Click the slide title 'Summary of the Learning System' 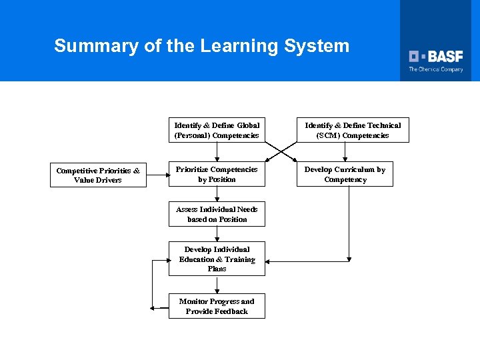click(x=201, y=46)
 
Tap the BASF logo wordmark click(x=436, y=57)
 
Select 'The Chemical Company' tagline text click(x=435, y=69)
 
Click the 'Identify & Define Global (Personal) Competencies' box click(x=217, y=130)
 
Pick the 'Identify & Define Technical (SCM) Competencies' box click(x=353, y=130)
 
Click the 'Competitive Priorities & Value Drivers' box click(x=98, y=175)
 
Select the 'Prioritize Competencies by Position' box click(x=217, y=174)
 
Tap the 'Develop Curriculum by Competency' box click(x=345, y=174)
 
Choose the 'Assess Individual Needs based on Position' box click(x=217, y=214)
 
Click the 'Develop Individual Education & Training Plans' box click(x=217, y=259)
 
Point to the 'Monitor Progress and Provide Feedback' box click(x=217, y=306)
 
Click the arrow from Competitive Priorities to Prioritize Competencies click(x=157, y=175)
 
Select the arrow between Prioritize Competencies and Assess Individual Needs click(x=217, y=194)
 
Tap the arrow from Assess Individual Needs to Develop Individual click(x=217, y=234)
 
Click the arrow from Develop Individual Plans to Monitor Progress click(x=217, y=285)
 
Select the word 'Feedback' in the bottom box click(x=231, y=311)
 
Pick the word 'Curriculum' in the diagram click(x=356, y=169)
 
